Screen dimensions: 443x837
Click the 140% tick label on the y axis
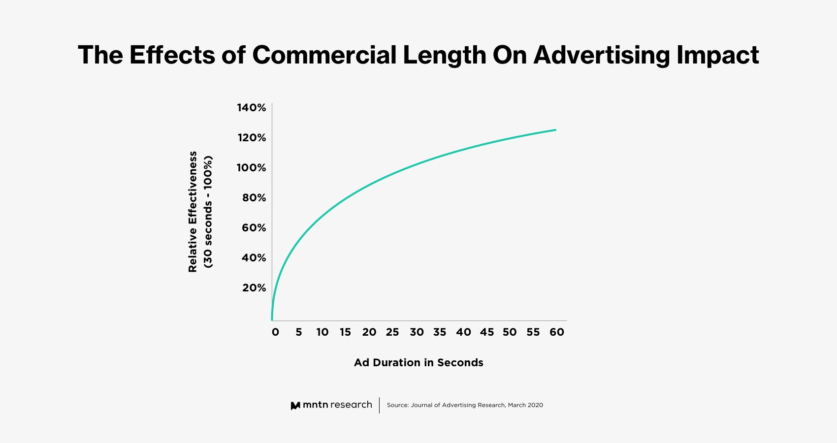coord(252,108)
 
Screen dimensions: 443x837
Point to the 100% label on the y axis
coord(251,168)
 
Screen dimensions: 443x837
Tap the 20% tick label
coord(254,288)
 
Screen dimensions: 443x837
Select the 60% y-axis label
coord(254,228)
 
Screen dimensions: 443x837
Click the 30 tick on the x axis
coord(417,332)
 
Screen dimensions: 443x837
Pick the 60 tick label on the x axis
coord(557,332)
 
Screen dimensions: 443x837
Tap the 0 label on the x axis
coord(275,332)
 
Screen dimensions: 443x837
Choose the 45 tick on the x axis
coord(487,332)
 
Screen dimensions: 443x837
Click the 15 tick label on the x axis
coord(345,332)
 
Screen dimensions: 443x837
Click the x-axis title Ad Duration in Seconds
coord(418,363)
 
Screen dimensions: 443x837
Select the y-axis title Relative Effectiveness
coord(193,212)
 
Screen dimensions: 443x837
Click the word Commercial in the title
coord(324,55)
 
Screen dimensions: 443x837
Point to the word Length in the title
coord(445,55)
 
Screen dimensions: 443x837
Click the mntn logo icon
coord(295,406)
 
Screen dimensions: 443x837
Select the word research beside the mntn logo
coord(351,405)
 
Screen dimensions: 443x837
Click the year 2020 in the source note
coord(535,405)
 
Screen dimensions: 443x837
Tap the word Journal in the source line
coord(421,405)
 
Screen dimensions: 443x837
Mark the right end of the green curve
coord(556,130)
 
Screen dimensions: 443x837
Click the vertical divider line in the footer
coord(379,405)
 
